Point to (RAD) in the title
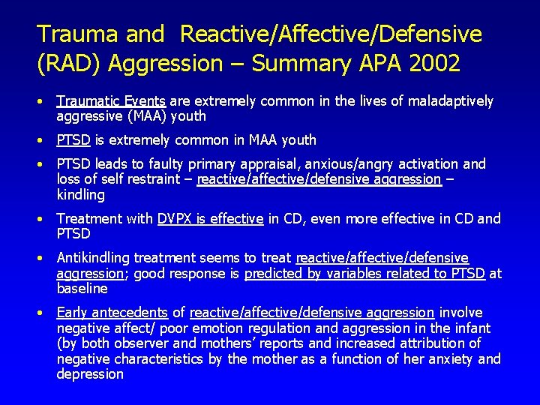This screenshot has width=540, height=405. pos(69,64)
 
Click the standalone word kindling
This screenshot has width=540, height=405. pos(80,195)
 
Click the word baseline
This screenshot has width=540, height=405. pos(82,289)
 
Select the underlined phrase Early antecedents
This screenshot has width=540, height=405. pos(112,313)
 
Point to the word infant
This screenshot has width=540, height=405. pos(469,328)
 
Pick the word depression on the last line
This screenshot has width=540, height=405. pos(90,374)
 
